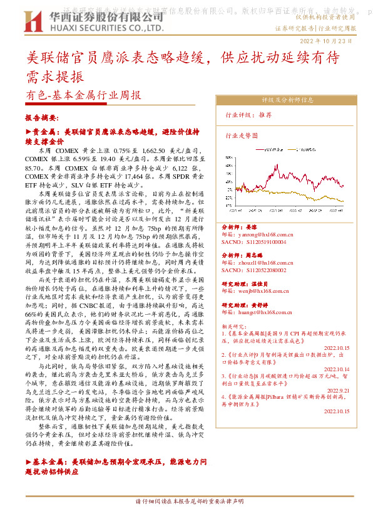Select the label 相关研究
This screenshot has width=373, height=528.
tap(235, 327)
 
